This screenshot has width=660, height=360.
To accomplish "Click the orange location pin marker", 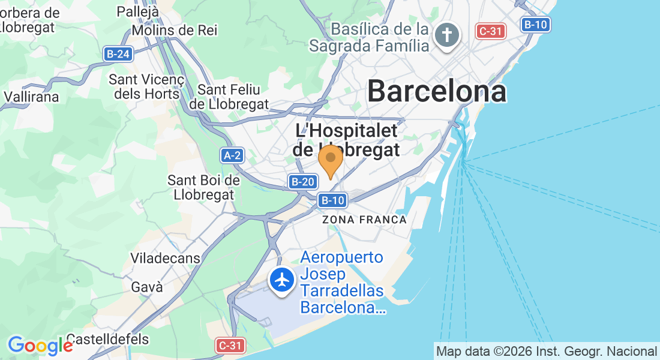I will click(330, 160).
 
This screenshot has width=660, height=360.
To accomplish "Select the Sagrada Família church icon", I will click(447, 35).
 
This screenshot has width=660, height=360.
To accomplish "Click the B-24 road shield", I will click(117, 54).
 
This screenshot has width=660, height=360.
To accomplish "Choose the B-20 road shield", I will click(302, 182).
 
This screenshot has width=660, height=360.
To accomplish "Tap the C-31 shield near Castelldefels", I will click(230, 345).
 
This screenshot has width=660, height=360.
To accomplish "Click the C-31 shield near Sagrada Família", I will click(490, 31).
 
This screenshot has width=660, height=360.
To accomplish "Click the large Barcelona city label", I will click(437, 92).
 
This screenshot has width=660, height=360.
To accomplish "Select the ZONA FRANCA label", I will click(364, 220).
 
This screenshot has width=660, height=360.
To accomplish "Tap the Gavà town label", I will click(147, 287).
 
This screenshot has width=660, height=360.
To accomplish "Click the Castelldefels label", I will click(107, 339).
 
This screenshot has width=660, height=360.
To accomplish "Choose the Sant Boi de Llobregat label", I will click(203, 187).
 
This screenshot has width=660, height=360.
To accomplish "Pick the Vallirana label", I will click(31, 96).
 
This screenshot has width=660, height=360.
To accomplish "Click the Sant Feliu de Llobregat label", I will click(229, 97).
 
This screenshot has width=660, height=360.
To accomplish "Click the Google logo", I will click(40, 346).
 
